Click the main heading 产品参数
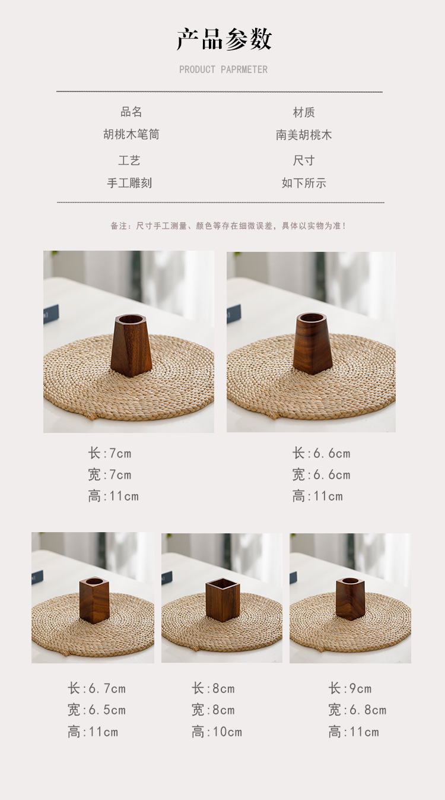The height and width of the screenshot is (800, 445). tap(224, 39)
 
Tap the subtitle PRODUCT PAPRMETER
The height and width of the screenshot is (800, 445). tap(224, 69)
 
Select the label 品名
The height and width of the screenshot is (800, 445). tap(131, 112)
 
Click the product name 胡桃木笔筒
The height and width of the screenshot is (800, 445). tap(131, 134)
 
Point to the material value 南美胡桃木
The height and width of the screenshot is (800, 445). tap(304, 135)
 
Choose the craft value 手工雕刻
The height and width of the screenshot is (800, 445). tap(129, 183)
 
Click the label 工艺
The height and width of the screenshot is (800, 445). tap(129, 160)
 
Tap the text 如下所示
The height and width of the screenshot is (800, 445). tap(304, 183)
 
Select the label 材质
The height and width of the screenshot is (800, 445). tap(304, 112)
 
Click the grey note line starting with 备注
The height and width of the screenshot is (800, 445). tap(228, 226)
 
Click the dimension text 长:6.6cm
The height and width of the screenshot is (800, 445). tap(321, 453)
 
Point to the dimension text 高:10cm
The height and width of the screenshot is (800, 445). tap(217, 732)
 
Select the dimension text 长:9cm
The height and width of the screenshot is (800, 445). tap(349, 688)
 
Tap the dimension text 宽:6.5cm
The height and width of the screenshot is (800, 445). tap(96, 710)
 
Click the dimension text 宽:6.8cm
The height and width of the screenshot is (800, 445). tap(357, 710)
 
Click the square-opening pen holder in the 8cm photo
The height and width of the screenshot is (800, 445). tap(223, 600)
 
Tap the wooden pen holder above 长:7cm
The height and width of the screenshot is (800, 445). tap(131, 345)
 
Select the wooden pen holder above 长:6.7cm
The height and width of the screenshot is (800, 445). tap(94, 599)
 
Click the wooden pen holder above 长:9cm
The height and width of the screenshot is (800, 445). tap(350, 598)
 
